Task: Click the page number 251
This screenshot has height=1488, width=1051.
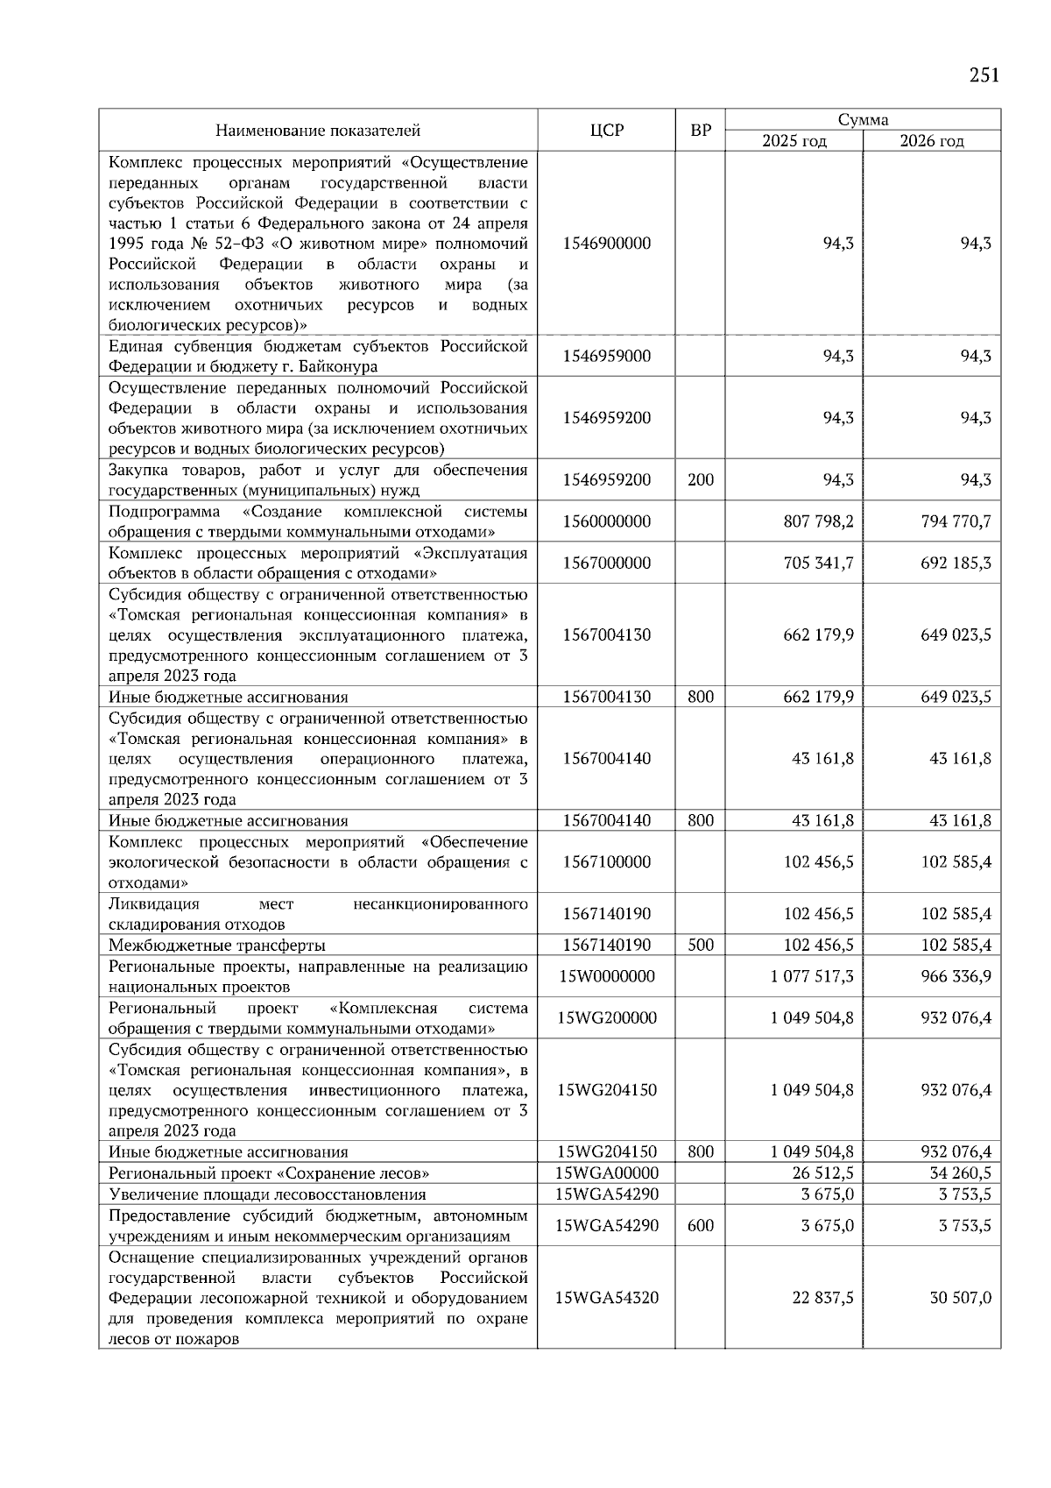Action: coord(984,75)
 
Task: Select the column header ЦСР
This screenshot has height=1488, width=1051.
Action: coord(606,131)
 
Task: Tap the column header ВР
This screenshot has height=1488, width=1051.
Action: coord(701,131)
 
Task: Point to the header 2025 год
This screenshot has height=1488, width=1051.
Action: coord(794,141)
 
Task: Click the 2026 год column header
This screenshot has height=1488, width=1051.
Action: coord(932,141)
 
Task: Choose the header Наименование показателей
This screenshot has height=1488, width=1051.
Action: coord(318,131)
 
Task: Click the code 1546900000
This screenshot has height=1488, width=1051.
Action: coord(606,244)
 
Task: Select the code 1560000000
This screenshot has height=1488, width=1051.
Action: coord(606,521)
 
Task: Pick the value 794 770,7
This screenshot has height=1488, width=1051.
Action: coord(956,521)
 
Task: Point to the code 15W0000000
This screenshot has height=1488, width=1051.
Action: coord(606,976)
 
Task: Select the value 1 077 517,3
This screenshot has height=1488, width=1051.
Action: coord(812,976)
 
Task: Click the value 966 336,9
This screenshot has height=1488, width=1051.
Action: coord(956,976)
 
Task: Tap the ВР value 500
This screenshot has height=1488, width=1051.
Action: coord(701,945)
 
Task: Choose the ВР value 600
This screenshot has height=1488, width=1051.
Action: coord(701,1225)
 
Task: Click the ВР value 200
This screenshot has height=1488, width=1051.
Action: coord(701,479)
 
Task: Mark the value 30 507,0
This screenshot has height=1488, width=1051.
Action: coord(961,1298)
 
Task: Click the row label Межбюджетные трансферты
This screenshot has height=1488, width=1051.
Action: coord(217,946)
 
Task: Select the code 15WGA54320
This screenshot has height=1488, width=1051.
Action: coord(606,1298)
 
